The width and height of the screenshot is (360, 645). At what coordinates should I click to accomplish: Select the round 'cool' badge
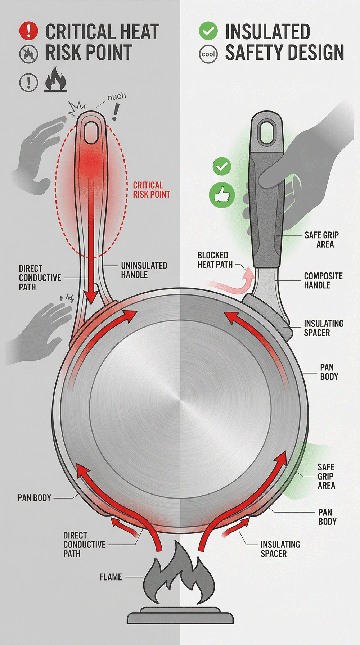(208, 54)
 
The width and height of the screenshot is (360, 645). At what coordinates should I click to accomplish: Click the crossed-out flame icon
(28, 54)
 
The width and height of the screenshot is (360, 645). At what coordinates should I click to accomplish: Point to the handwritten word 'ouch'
(117, 96)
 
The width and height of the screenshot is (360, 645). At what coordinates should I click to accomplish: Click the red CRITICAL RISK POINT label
(152, 190)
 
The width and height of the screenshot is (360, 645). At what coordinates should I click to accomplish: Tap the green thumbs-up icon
(222, 195)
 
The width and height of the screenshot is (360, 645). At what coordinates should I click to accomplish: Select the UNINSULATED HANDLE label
(144, 270)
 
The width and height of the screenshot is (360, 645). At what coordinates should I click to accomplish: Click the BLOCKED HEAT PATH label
(213, 260)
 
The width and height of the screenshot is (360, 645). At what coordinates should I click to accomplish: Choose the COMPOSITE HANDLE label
(323, 280)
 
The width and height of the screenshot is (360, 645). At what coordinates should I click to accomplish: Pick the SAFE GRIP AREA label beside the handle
(321, 239)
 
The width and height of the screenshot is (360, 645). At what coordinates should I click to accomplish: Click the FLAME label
(111, 577)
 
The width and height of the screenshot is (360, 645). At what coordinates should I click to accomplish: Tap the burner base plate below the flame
(180, 616)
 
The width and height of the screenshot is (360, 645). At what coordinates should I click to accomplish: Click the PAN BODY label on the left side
(35, 498)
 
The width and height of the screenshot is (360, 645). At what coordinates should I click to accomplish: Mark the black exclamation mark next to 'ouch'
(115, 112)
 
